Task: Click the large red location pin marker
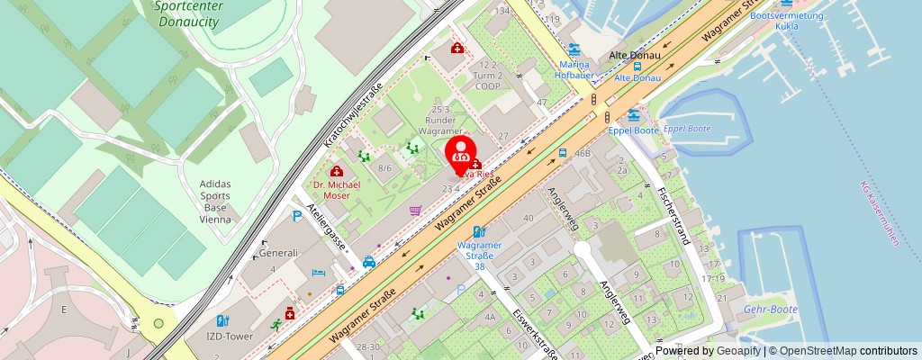point(461,154)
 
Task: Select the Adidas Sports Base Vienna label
point(214,201)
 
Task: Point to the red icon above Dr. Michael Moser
point(337,171)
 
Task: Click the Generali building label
point(279,254)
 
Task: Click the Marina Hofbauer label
point(574,70)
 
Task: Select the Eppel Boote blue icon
point(634,115)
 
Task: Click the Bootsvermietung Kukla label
point(787,20)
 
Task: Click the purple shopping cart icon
point(415,211)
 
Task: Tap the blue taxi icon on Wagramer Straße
point(368,263)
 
